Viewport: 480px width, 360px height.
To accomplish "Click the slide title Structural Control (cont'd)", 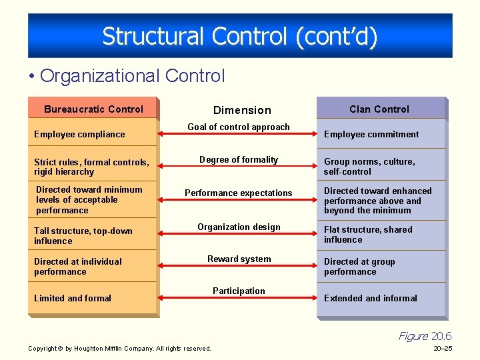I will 240,36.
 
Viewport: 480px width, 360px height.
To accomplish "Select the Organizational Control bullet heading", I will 132,76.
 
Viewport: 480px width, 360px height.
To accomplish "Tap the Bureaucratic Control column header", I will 93,109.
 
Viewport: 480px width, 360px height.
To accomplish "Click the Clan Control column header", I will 379,109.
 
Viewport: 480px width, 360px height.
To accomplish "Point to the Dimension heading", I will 242,110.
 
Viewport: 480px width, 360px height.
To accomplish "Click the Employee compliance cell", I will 79,134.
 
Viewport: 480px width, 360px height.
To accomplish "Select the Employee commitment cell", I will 371,134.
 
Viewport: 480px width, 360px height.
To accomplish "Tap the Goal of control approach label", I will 239,127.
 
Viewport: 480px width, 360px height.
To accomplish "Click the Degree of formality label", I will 239,159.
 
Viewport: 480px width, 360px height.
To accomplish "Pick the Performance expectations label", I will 239,193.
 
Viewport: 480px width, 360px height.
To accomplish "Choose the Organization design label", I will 239,227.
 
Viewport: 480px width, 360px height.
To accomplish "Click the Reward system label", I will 239,259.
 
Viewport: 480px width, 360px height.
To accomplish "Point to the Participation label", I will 239,291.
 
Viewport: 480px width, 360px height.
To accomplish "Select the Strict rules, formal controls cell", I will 91,167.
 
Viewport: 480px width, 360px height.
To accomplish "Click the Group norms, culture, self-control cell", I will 369,166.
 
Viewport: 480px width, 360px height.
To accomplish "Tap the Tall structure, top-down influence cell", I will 83,235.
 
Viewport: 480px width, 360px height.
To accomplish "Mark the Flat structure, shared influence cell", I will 368,234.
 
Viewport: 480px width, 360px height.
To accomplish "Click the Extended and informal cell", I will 371,298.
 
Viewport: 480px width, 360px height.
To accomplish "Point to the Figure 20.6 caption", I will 425,336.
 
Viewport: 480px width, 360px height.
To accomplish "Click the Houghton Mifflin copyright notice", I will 119,348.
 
